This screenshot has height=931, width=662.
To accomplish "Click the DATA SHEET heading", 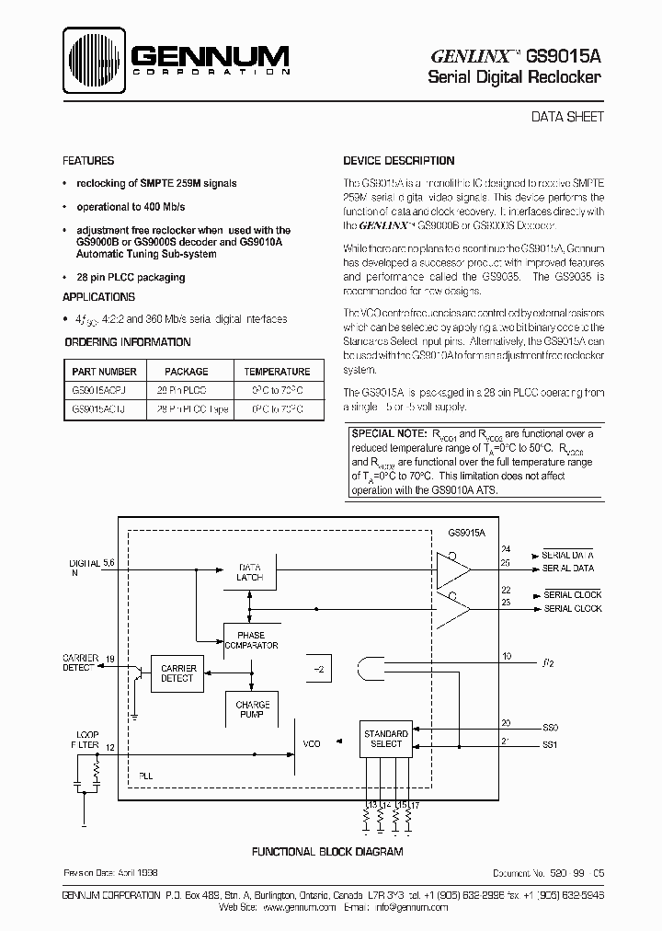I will pos(568,117).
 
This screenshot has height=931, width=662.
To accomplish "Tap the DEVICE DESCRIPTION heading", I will pos(399,160).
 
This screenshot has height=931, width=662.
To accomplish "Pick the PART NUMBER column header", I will pos(103,372).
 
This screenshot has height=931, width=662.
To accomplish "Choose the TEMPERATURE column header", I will pos(277,372).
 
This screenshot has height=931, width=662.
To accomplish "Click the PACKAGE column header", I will pos(187,372).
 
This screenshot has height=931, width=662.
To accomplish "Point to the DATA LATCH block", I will pos(250,572).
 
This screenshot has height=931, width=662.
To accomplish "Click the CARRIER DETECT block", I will pos(177,672).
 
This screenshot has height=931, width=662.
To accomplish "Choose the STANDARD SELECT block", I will pos(385,739).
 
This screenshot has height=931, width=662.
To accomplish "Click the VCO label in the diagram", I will pos(311,743).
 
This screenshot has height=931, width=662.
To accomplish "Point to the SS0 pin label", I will pos(552,727).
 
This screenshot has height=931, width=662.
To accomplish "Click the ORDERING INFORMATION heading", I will pos(128,342).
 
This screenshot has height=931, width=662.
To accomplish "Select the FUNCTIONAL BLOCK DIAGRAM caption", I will pos(327,852).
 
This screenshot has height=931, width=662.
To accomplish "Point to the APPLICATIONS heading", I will pos(98,297).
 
